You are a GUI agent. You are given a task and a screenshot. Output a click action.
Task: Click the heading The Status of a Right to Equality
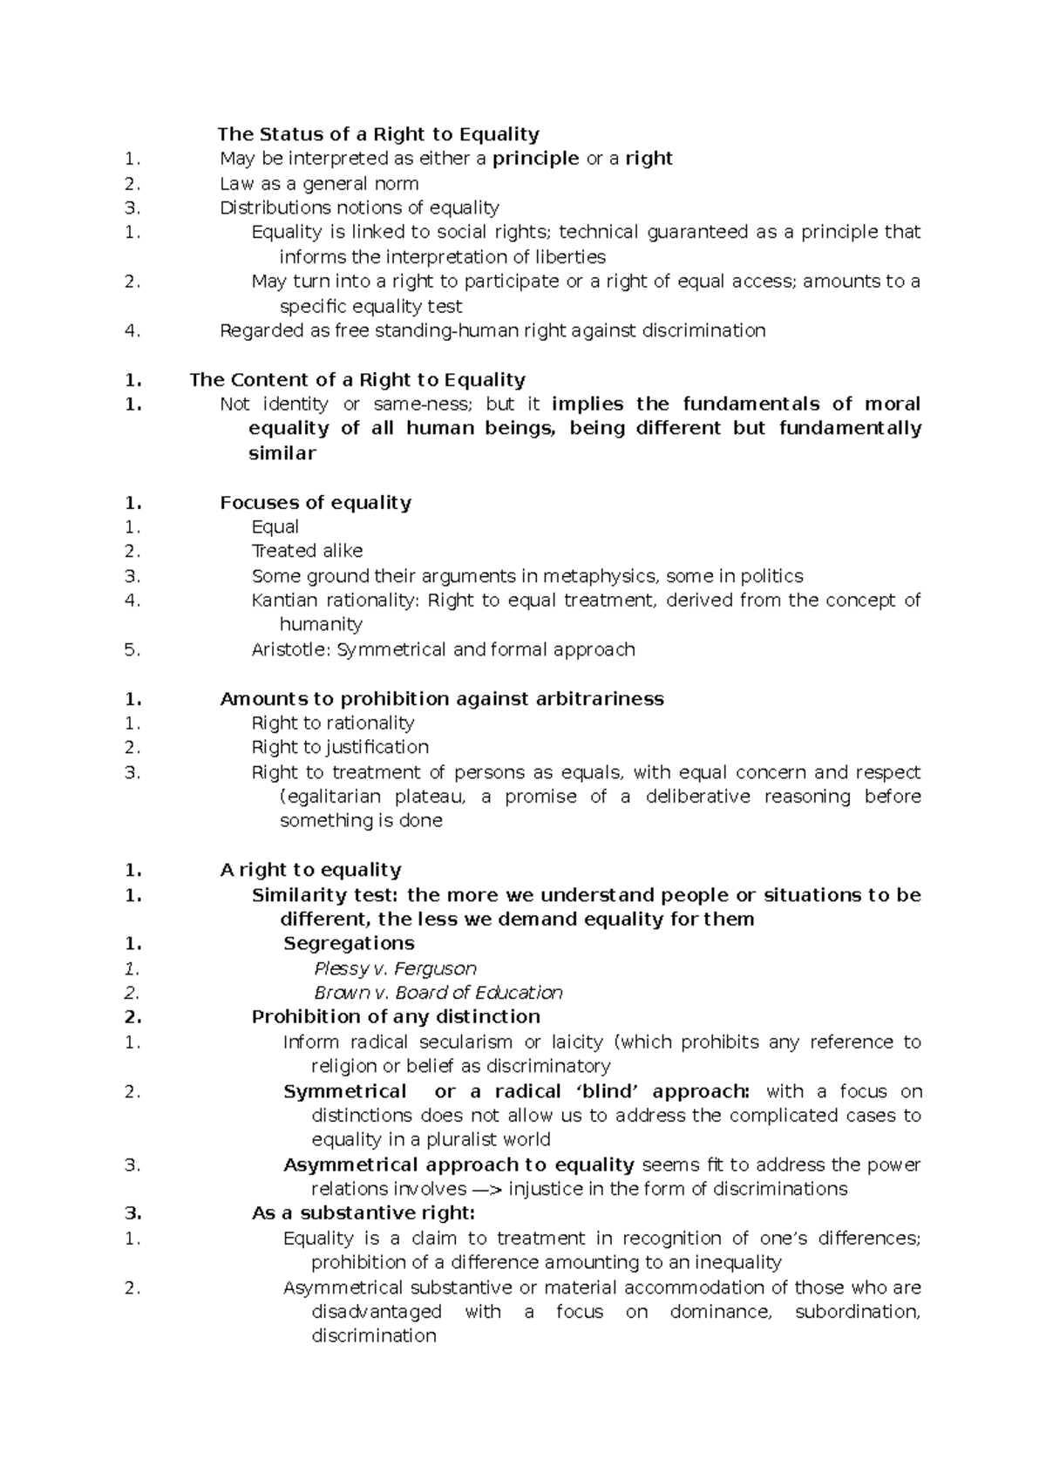(378, 134)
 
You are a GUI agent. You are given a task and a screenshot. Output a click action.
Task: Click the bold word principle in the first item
(535, 159)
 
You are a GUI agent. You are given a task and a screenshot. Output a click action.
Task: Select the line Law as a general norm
(319, 184)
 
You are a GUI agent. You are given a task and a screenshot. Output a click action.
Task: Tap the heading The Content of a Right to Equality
(357, 380)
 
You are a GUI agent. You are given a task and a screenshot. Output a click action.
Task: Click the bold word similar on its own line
(282, 453)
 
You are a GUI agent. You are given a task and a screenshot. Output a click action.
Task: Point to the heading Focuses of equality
(316, 503)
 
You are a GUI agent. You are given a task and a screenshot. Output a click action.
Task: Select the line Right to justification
(340, 747)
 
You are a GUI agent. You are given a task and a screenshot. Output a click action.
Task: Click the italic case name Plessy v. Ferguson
(395, 968)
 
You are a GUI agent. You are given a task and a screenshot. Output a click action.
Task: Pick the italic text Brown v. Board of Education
(438, 993)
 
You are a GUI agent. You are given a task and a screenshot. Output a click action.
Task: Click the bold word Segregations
(349, 944)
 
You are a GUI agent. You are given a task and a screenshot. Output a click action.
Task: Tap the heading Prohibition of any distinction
(396, 1017)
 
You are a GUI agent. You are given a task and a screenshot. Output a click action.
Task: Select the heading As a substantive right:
(363, 1213)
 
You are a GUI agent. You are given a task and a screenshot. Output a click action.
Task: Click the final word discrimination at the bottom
(373, 1336)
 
